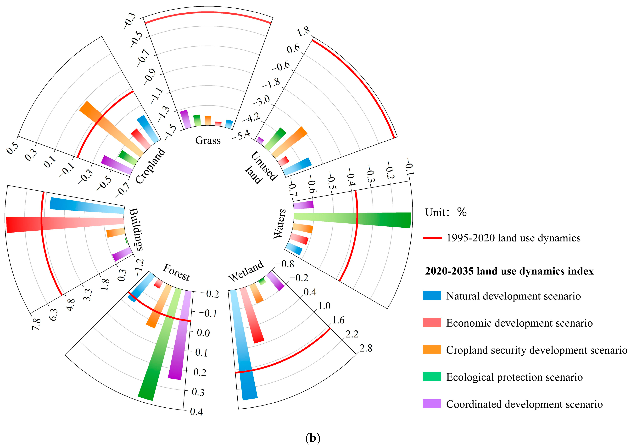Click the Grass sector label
pos(208,140)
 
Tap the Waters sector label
pos(280,224)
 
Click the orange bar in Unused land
pos(290,142)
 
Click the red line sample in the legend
pos(432,238)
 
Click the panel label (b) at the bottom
pos(313,438)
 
